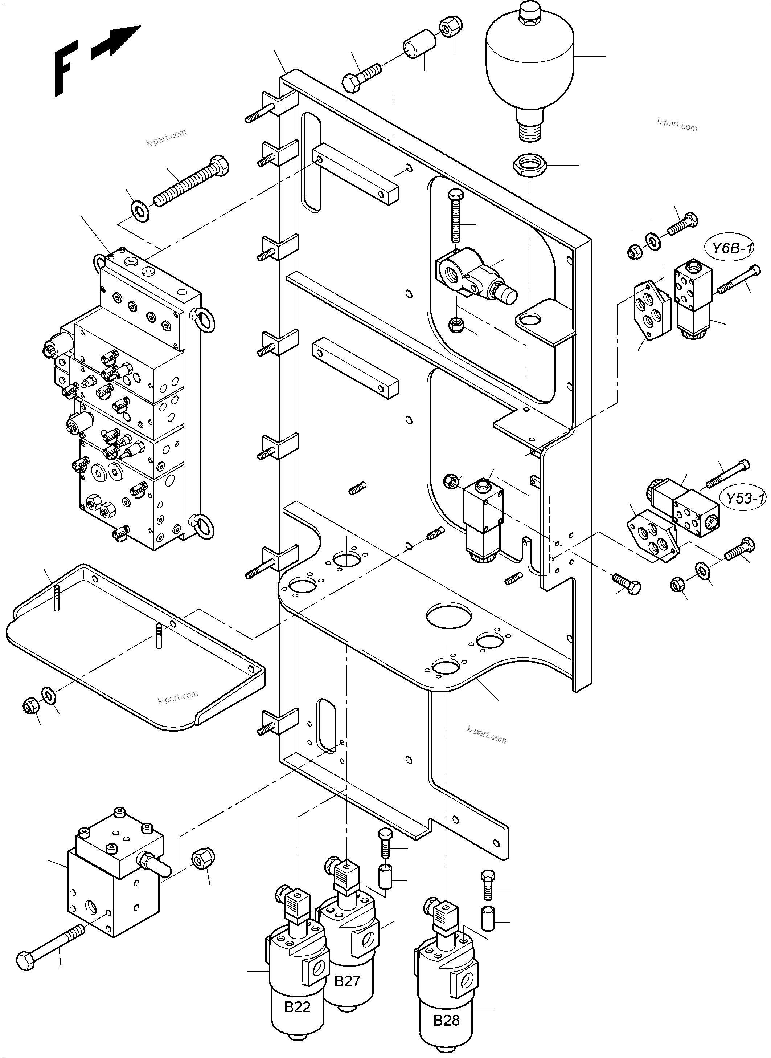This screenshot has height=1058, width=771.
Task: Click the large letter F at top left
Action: click(x=65, y=68)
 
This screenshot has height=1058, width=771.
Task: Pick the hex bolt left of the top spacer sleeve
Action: click(x=362, y=77)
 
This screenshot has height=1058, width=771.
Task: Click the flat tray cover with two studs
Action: click(x=135, y=649)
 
